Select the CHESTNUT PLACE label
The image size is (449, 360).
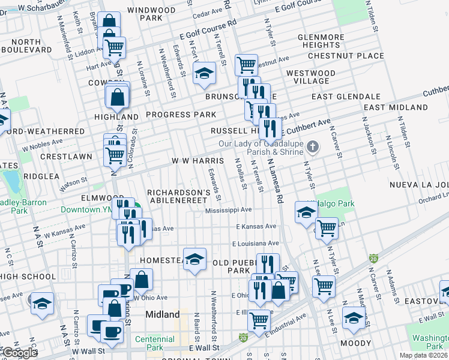(x=345, y=56)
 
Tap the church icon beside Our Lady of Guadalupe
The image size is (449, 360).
(x=312, y=146)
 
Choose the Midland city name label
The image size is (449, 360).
(x=163, y=314)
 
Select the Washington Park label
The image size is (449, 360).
(x=427, y=342)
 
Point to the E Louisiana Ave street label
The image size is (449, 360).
(x=257, y=244)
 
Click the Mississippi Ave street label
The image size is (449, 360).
(x=228, y=211)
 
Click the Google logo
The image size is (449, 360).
(x=19, y=352)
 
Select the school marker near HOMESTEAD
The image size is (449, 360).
(x=194, y=259)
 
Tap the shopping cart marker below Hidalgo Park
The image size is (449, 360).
(x=326, y=227)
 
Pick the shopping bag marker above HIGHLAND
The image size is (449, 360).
(x=118, y=95)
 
